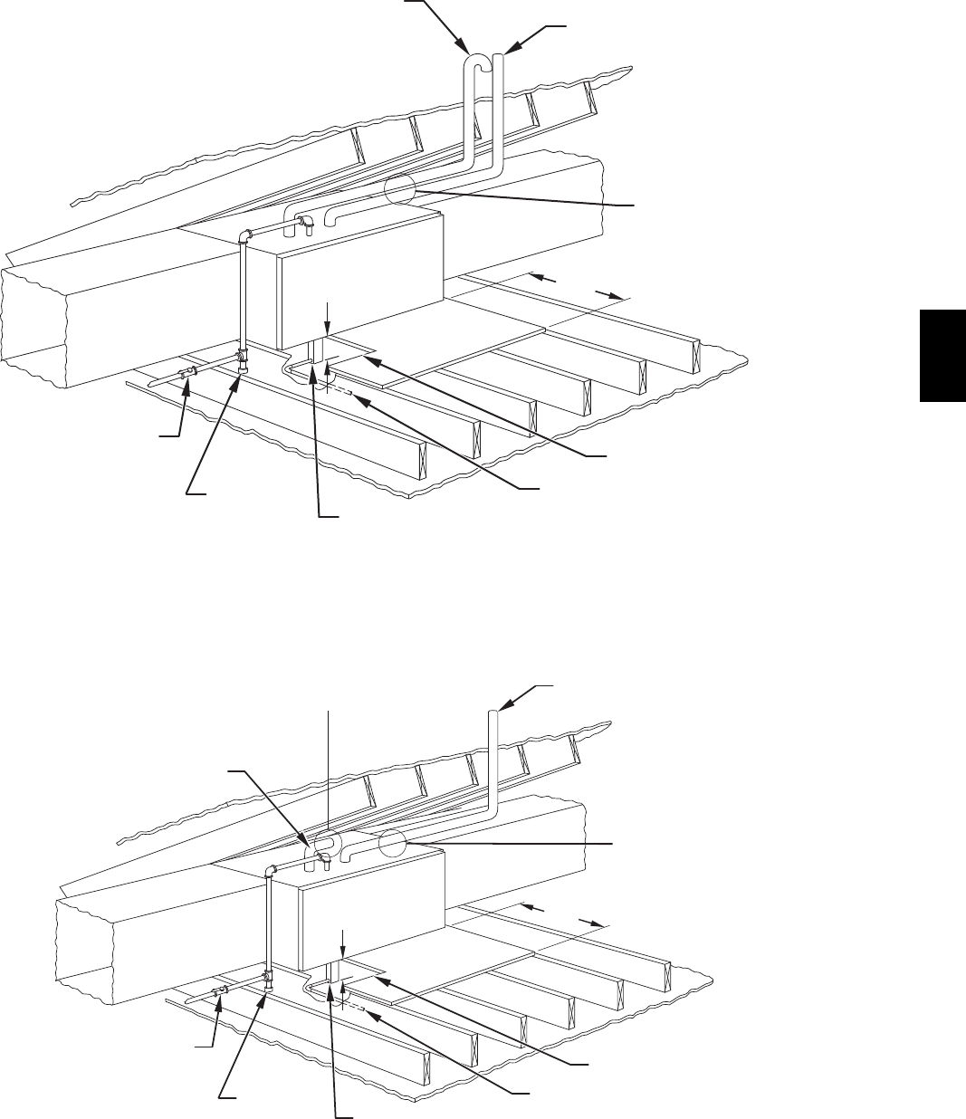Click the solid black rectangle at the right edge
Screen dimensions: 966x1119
(942, 355)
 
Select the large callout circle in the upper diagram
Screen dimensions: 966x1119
(402, 191)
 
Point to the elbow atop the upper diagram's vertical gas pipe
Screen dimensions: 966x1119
(244, 237)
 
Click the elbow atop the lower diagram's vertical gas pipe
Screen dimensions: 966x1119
(271, 871)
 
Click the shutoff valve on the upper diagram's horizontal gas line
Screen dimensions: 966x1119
(189, 375)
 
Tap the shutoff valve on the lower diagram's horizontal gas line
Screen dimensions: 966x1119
(219, 993)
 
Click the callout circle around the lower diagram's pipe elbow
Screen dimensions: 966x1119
(325, 845)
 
